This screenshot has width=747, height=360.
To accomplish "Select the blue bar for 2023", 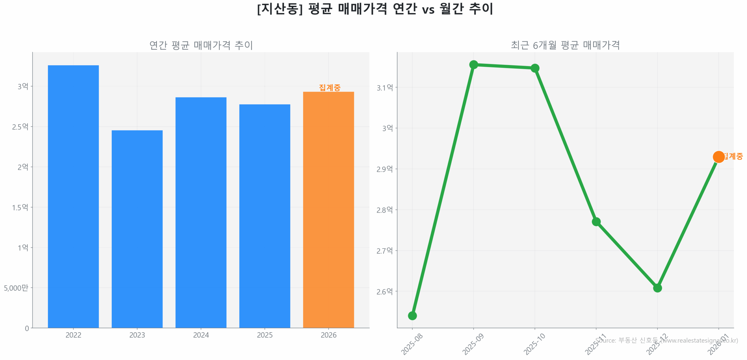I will [x=137, y=229].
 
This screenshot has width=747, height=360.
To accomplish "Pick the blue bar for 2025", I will [x=264, y=216].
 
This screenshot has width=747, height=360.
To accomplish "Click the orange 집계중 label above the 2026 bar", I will [x=329, y=88].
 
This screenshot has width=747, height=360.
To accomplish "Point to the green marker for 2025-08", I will [x=412, y=315].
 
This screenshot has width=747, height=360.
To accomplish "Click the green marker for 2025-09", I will [x=473, y=64].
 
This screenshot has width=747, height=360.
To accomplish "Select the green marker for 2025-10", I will [x=535, y=68].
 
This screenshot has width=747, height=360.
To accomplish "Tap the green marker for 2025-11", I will [x=596, y=221].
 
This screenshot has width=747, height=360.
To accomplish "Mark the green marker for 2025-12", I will [x=657, y=288].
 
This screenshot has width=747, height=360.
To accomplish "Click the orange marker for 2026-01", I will [x=718, y=157].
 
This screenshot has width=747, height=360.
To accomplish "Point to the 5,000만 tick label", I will [x=16, y=288].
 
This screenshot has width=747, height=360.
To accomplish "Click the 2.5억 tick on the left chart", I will [x=20, y=127].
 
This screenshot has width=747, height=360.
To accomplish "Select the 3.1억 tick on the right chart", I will [x=385, y=88].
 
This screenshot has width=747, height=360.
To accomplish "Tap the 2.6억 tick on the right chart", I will [x=385, y=291].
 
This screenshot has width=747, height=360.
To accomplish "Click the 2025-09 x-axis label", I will [x=473, y=344].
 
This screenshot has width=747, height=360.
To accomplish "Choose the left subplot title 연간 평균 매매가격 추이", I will [x=201, y=45].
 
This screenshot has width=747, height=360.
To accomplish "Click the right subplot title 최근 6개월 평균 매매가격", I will [x=565, y=45].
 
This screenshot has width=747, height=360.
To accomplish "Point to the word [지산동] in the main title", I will [x=280, y=9].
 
